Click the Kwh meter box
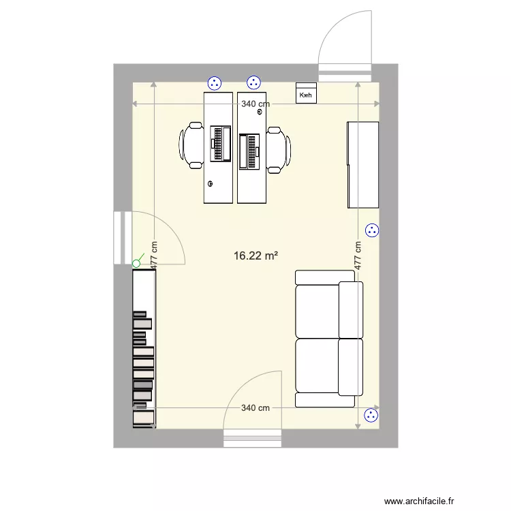point(306,94)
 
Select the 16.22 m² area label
point(255,256)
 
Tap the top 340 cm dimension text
point(255,104)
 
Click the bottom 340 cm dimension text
point(255,408)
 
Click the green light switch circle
point(136,263)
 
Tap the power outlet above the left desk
point(215,83)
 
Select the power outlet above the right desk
point(254,83)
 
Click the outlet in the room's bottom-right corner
point(371,415)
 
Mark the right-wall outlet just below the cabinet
point(371,231)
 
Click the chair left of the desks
point(191,145)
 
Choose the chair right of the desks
point(278,149)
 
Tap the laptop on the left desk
point(219,144)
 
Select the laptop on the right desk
point(249,151)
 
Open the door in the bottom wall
point(253,409)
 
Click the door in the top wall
point(345,41)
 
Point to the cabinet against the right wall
point(362,164)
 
